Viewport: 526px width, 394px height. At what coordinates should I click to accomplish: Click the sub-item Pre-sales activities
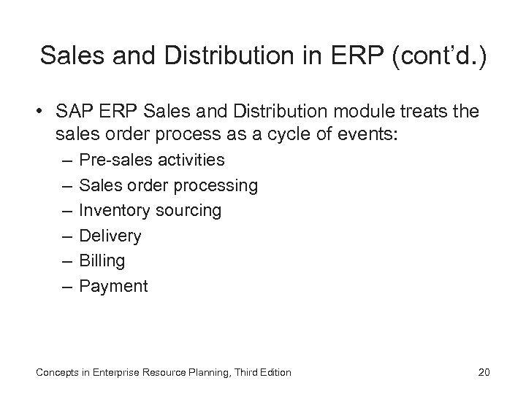click(x=151, y=160)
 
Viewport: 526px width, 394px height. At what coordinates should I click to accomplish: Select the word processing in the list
click(x=217, y=185)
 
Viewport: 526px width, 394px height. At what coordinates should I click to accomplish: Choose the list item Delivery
click(x=110, y=236)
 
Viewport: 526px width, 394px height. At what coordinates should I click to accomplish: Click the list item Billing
click(x=102, y=260)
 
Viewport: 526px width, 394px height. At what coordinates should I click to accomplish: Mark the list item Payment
click(x=113, y=286)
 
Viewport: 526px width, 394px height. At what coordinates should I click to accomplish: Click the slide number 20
click(x=483, y=373)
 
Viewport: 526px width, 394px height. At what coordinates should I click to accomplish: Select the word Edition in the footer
click(x=272, y=373)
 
